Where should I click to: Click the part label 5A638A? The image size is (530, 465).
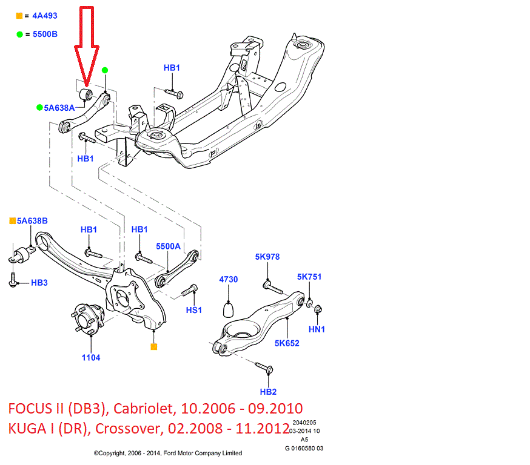(x=63, y=107)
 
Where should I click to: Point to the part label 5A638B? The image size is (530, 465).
(x=32, y=221)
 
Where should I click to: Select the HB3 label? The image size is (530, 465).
(x=39, y=282)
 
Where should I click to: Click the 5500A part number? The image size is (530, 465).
(x=168, y=246)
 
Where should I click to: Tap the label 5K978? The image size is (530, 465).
(x=267, y=257)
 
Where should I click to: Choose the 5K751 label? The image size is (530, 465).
(x=309, y=277)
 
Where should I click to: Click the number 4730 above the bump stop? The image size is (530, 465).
(x=228, y=280)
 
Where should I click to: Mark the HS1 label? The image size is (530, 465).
(x=194, y=310)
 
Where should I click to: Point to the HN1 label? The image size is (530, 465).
(x=317, y=329)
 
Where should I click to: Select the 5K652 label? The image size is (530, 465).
(x=287, y=343)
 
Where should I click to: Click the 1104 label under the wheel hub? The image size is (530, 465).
(x=91, y=357)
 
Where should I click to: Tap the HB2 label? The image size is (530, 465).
(x=268, y=392)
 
